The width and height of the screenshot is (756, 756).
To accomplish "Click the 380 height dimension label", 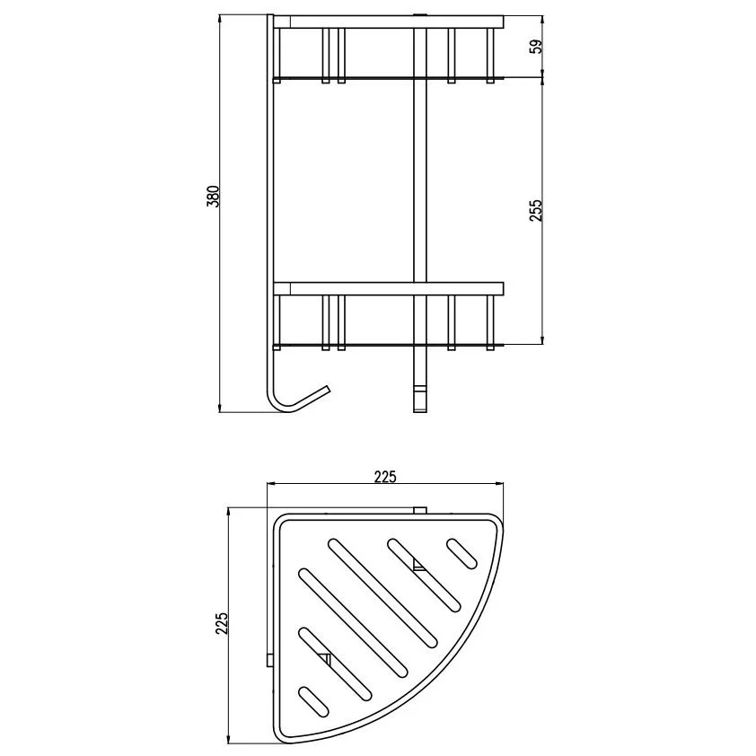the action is tap(213, 197).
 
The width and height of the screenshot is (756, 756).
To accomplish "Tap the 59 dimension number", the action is tap(536, 47).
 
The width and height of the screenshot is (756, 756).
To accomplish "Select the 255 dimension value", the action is tap(536, 210).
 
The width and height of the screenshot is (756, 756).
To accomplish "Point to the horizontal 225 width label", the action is tap(385, 477).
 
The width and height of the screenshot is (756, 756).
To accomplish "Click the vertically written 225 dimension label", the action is tap(221, 623).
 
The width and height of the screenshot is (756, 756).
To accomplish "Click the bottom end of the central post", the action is tap(420, 410).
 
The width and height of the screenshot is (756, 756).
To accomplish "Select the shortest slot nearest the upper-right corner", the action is tap(462, 553).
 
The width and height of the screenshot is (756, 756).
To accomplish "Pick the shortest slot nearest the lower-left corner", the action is tap(314, 701).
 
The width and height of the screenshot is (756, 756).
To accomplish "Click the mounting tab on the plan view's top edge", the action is tap(420, 510).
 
